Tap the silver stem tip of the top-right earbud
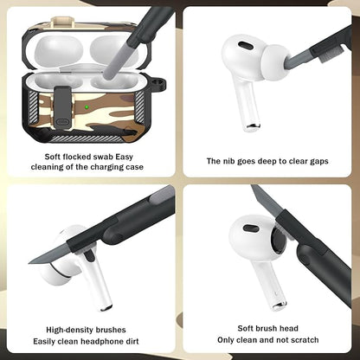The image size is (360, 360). [x=251, y=127]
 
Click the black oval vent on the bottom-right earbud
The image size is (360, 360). [x=250, y=229]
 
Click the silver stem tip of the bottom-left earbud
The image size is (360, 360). [x=106, y=306]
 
